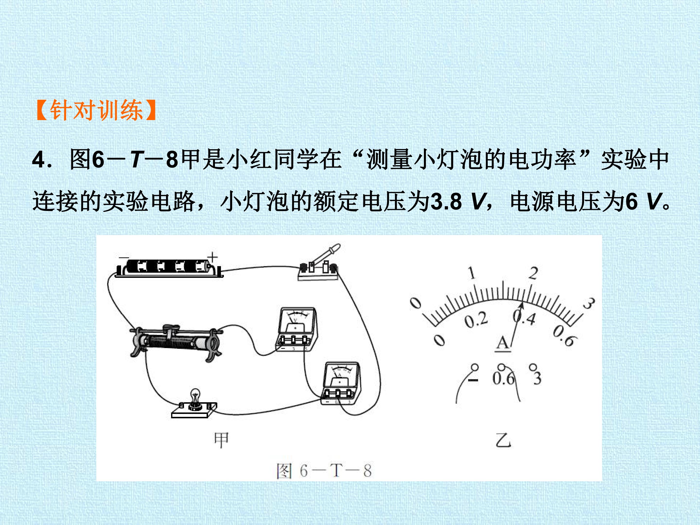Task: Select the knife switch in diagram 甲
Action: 318,264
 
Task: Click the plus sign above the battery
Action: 212,256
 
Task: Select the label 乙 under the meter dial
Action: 503,440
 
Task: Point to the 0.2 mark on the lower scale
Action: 476,320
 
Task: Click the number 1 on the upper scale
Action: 472,273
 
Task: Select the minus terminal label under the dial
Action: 473,380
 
